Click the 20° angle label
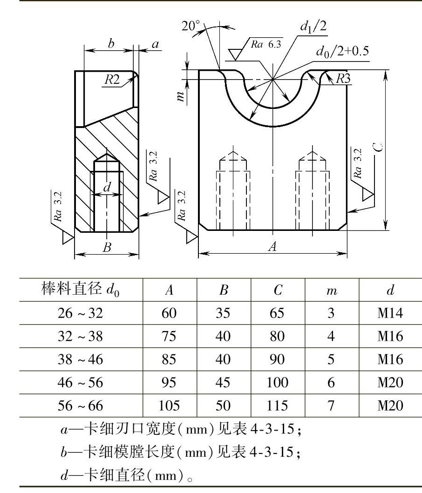click(191, 26)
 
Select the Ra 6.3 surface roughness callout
click(266, 44)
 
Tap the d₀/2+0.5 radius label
click(342, 51)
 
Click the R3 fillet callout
click(343, 79)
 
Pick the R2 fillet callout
click(112, 79)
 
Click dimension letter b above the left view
click(111, 43)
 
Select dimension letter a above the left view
click(155, 44)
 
